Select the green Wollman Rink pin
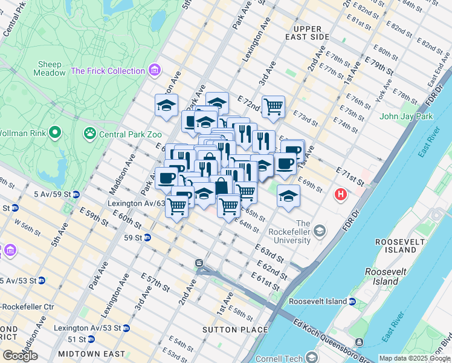[55, 132]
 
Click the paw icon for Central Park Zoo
[90, 132]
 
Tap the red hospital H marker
[341, 195]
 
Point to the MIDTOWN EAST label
[91, 354]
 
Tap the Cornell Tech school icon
[311, 357]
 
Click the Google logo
[21, 356]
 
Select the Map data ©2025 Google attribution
[414, 358]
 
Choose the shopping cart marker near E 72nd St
[273, 107]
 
